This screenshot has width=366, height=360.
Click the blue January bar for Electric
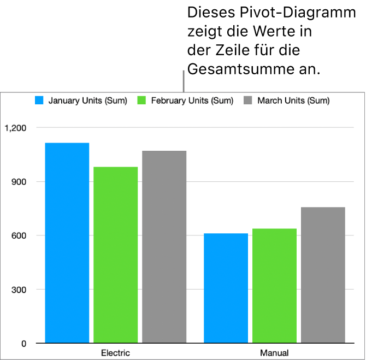[67, 243]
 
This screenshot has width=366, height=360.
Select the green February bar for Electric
[116, 255]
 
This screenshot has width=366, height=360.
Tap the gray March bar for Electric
[164, 247]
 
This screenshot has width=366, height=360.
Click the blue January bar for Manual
[226, 288]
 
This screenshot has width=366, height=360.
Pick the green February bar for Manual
[275, 286]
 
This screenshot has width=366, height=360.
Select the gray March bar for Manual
[323, 275]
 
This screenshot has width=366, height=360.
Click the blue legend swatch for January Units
[39, 101]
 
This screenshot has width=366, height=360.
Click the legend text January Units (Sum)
[88, 101]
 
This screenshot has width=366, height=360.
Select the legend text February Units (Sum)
[192, 101]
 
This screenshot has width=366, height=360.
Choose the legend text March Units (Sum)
[294, 101]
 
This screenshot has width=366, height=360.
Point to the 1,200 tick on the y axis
[15, 128]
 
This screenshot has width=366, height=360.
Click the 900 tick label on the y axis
[19, 182]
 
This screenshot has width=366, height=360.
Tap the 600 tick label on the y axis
[19, 235]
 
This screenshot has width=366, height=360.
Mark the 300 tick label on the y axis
[19, 290]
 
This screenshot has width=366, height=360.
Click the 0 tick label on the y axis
[23, 344]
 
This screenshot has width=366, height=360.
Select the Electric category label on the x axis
[116, 352]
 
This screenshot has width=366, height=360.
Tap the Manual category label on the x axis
[275, 352]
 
